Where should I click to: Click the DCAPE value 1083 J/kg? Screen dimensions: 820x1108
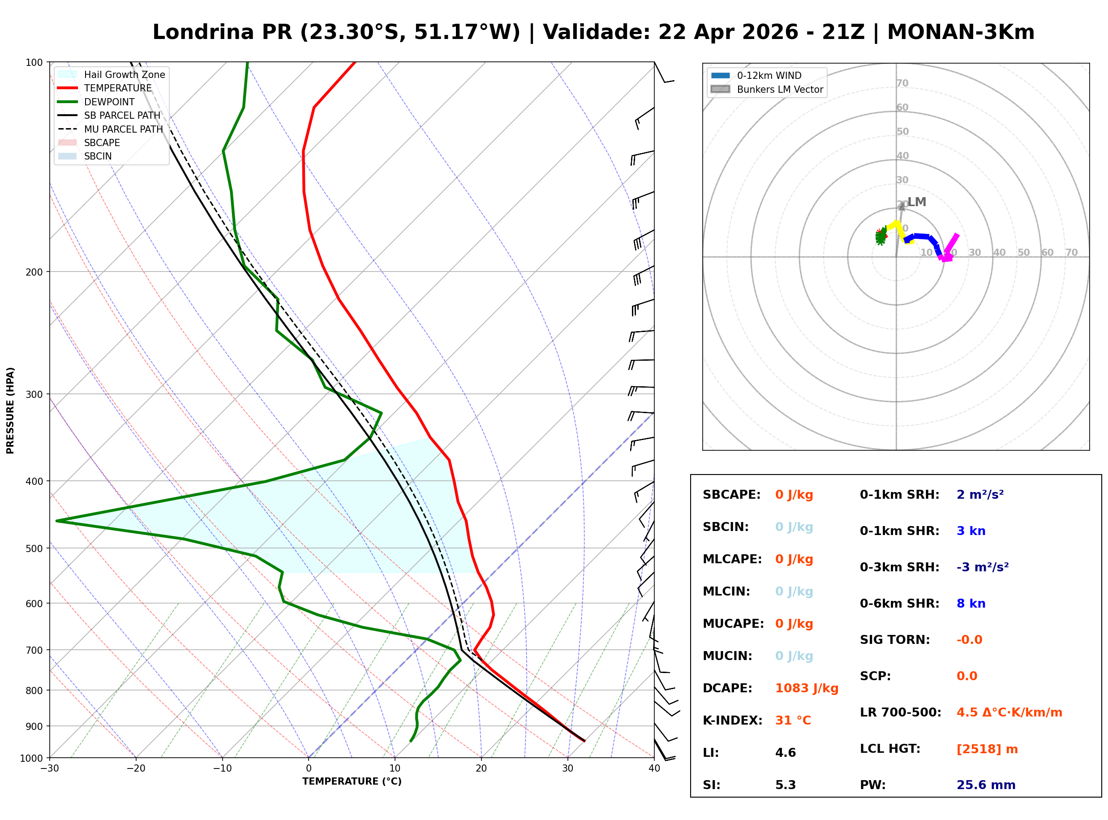[807, 688]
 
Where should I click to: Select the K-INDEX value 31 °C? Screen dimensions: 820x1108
[793, 721]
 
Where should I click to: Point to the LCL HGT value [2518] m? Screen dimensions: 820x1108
[987, 749]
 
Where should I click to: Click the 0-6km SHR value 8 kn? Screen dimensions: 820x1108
[971, 604]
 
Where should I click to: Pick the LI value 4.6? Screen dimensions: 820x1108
[785, 753]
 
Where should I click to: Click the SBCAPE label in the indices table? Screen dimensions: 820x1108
[731, 495]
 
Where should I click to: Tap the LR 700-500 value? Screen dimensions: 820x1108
[1009, 713]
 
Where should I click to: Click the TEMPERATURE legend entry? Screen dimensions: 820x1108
[117, 88]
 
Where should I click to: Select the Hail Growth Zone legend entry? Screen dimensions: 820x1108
[124, 74]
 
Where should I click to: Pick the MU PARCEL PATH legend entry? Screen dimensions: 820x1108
[123, 129]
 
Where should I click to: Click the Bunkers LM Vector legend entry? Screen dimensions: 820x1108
[780, 89]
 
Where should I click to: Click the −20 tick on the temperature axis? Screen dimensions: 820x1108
[135, 768]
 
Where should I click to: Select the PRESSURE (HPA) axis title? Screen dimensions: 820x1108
[10, 410]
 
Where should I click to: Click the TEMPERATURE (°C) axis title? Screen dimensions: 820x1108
[352, 781]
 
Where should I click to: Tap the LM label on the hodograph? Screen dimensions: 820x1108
[917, 202]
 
